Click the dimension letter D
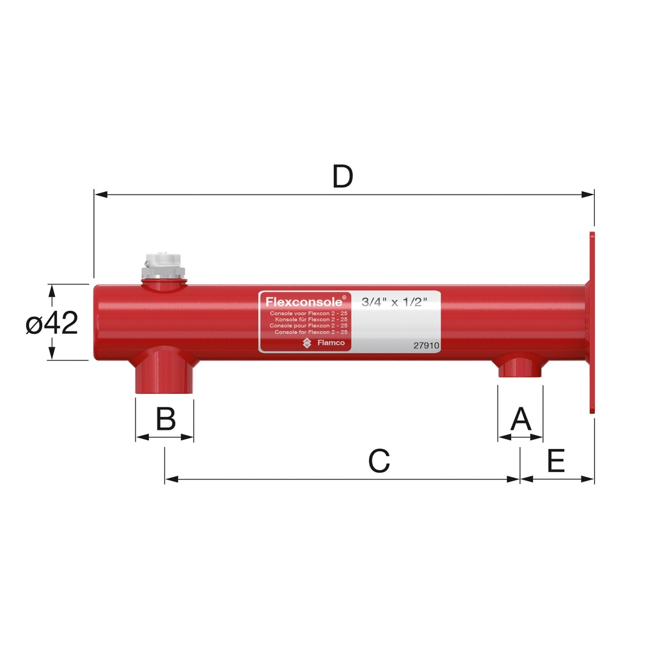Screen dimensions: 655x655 [343, 177]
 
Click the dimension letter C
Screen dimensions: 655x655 [379, 461]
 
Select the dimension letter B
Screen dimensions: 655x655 [166, 420]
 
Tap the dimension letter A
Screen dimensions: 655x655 [521, 420]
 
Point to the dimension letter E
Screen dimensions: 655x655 [556, 461]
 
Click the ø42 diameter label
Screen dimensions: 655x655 [52, 324]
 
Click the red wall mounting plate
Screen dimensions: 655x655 [592, 322]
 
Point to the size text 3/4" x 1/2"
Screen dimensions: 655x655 [394, 302]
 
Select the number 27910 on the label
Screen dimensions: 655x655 [425, 345]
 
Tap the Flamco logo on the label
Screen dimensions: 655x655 [324, 343]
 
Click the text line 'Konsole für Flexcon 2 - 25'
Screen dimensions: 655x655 [310, 319]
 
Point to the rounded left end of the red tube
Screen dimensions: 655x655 [98, 322]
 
